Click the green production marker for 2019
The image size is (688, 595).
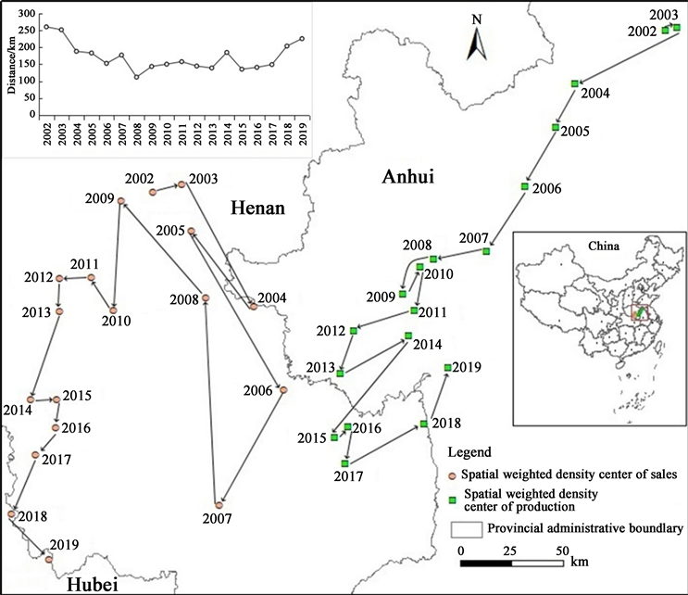tap(448, 368)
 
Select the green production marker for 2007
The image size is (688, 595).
tap(486, 251)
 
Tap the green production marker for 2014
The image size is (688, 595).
tap(407, 335)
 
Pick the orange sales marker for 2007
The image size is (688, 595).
tap(219, 504)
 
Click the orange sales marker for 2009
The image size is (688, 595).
tap(121, 200)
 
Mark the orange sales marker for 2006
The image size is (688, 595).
tap(283, 389)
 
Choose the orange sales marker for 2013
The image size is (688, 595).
tap(59, 310)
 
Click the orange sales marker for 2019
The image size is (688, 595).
tap(49, 559)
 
